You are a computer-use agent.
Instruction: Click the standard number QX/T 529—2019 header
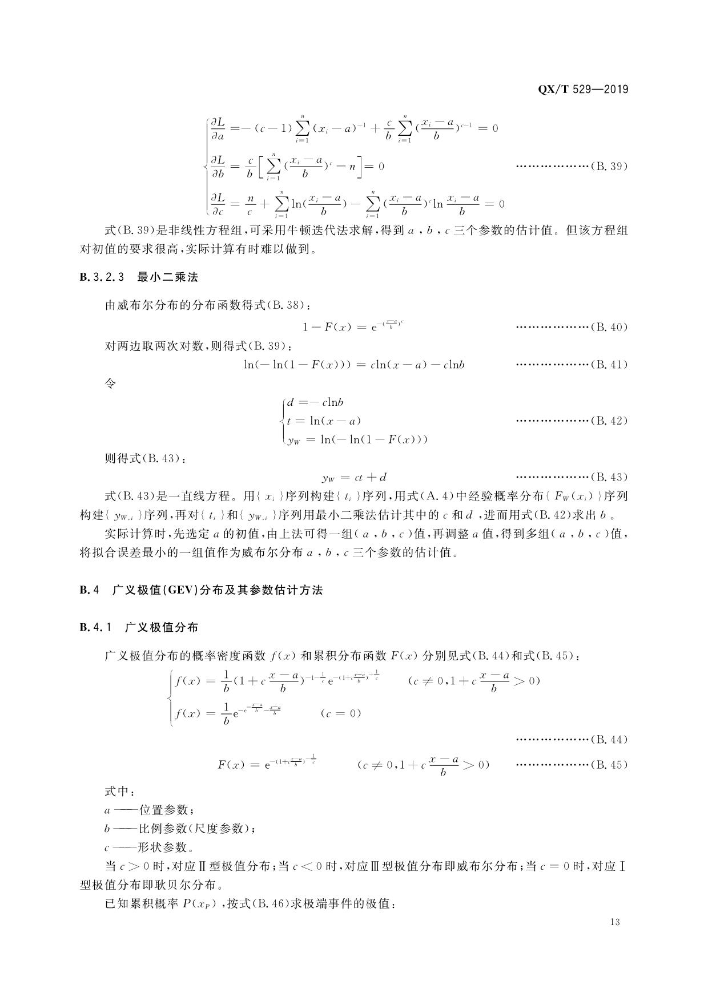[x=583, y=90]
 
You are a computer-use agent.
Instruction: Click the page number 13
[x=614, y=922]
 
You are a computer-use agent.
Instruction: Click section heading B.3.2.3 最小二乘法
[x=139, y=278]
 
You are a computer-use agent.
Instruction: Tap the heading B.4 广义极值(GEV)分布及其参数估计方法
[x=201, y=590]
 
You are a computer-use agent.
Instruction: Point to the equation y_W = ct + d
[x=354, y=477]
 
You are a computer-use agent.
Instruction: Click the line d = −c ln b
[x=315, y=402]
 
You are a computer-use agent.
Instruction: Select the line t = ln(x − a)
[x=324, y=421]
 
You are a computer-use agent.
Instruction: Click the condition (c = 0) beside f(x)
[x=341, y=713]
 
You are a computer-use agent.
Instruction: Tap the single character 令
[x=110, y=384]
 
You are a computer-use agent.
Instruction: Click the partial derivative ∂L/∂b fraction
[x=218, y=167]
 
